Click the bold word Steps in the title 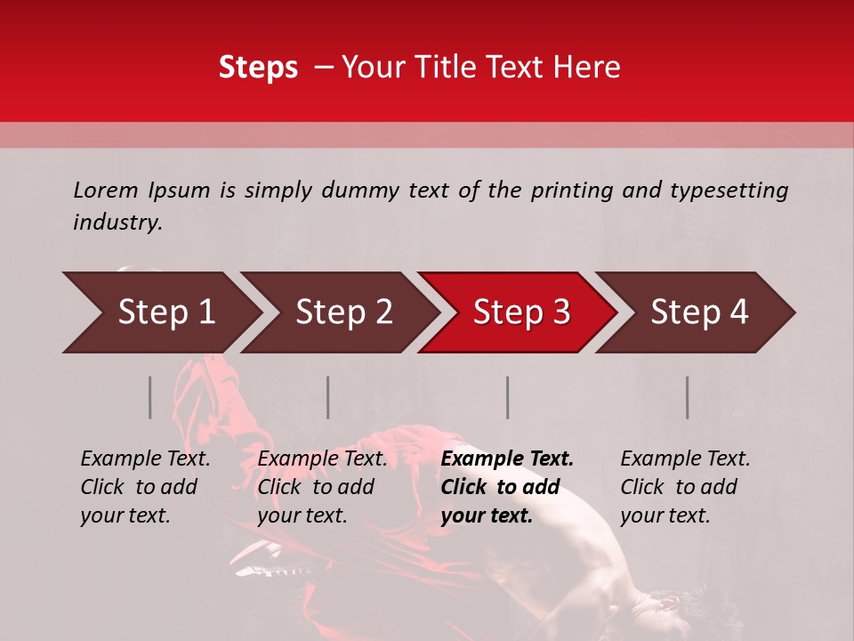(x=258, y=68)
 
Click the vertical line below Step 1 (x=150, y=397)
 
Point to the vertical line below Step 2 (x=328, y=397)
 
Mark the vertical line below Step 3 (x=508, y=397)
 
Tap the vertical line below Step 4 (x=687, y=397)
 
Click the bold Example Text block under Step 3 (x=507, y=487)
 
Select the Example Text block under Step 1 (x=145, y=487)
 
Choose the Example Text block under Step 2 (x=322, y=487)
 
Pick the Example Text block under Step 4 (x=685, y=487)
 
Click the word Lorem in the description (x=106, y=190)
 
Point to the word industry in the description (x=117, y=223)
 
